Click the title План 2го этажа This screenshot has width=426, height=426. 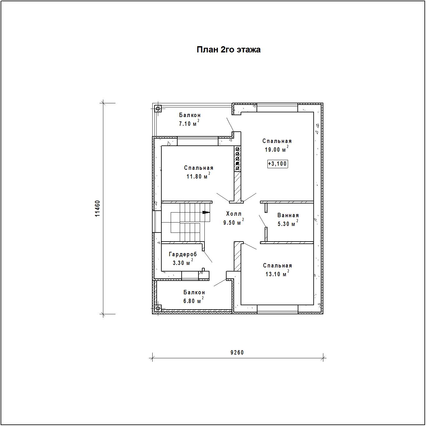click(228, 50)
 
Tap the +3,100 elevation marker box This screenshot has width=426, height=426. click(277, 164)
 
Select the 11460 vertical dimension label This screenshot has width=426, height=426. click(97, 208)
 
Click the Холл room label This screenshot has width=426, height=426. click(234, 214)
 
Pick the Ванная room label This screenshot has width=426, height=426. click(288, 215)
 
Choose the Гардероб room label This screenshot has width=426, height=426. click(183, 254)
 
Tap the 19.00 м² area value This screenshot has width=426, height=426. click(277, 149)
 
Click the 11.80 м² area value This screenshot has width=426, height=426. click(198, 176)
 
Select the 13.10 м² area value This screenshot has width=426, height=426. click(277, 274)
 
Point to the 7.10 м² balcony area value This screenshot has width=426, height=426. click(189, 123)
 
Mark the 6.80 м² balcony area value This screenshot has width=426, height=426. click(193, 301)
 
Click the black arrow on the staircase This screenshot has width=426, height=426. click(206, 213)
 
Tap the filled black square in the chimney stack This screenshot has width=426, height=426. click(237, 164)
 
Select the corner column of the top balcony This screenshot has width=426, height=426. click(158, 109)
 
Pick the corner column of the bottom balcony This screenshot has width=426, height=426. click(158, 309)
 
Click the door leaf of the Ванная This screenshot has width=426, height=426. click(262, 221)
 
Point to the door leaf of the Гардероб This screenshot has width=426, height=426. click(208, 257)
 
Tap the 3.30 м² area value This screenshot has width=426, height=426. click(183, 263)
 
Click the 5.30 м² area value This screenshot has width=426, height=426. click(288, 223)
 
